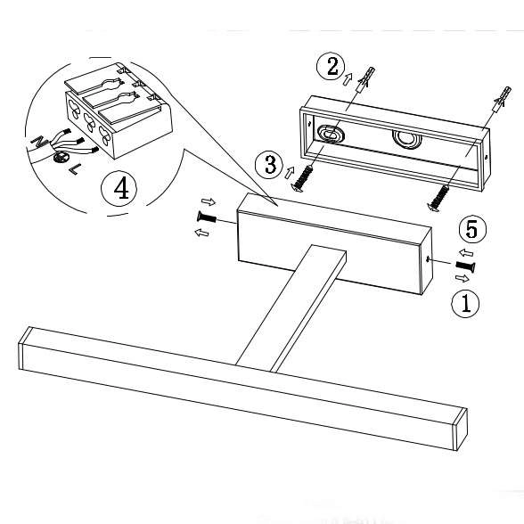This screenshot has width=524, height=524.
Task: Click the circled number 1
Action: (465, 303)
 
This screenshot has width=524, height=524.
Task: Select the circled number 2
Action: (332, 67)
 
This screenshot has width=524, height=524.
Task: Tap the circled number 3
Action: (269, 165)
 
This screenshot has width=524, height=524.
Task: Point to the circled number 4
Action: (119, 188)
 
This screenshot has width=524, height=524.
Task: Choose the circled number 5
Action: (473, 230)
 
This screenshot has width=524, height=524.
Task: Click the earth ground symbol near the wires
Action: (61, 157)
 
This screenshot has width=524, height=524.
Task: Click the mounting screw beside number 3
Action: (302, 179)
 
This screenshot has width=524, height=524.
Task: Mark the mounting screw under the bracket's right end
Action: (438, 199)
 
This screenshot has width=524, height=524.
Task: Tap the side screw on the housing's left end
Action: (207, 217)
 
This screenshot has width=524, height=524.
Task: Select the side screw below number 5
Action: (465, 266)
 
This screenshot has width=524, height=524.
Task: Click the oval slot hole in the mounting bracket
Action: (330, 134)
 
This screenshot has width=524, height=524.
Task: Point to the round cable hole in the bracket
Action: (405, 138)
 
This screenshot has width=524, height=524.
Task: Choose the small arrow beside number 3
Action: (290, 173)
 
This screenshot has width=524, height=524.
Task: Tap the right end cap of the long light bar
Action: (460, 430)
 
